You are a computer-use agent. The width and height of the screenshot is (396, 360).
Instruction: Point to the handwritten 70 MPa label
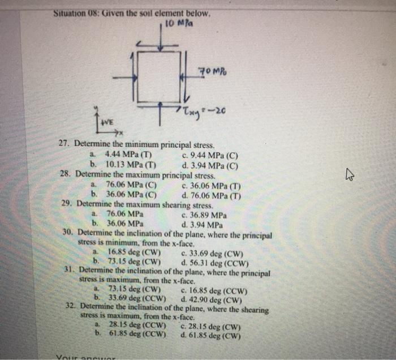[x=212, y=71]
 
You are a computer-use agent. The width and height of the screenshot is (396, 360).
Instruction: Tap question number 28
[x=66, y=174]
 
